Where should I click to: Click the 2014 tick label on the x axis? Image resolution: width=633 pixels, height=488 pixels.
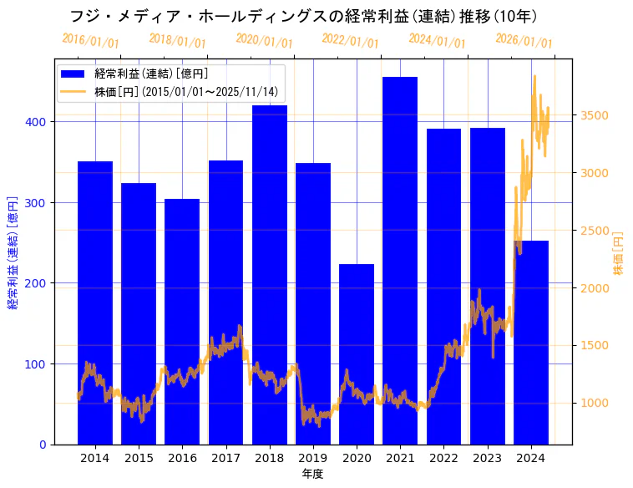95,458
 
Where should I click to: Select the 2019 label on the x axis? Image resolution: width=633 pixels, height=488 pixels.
313,458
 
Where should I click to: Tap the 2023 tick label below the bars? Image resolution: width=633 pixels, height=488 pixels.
488,458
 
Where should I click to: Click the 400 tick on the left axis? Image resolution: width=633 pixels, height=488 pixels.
39,122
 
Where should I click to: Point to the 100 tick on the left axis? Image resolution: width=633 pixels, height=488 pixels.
39,364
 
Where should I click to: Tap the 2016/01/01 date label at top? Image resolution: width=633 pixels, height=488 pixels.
91,40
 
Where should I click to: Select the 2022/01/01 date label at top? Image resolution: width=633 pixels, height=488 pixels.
351,40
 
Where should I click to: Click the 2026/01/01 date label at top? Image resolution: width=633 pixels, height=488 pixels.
524,40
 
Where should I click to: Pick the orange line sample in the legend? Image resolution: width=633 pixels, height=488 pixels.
73,92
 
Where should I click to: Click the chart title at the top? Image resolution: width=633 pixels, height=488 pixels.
303,16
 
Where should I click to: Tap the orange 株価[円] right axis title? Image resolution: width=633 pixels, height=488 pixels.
619,253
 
